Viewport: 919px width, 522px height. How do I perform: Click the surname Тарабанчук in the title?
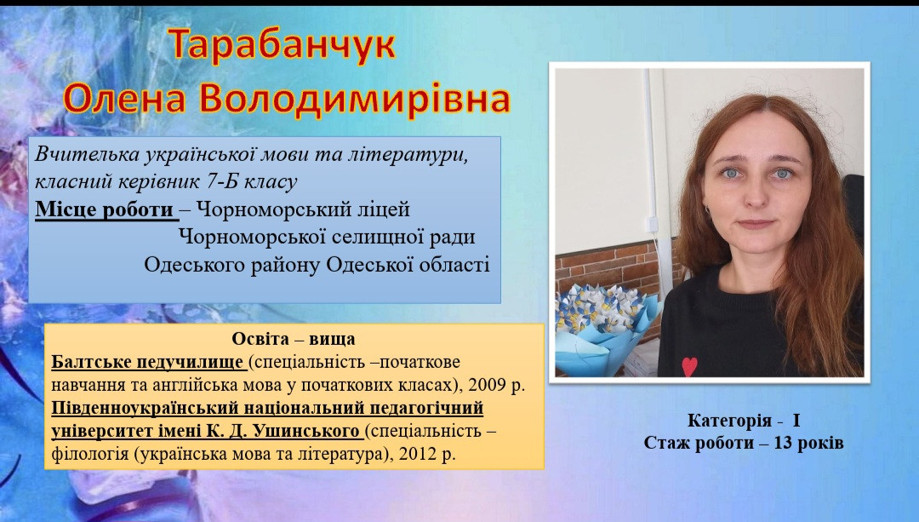pos(283,46)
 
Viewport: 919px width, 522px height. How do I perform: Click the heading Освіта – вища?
pos(294,339)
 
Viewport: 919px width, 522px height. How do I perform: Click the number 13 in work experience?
pos(783,443)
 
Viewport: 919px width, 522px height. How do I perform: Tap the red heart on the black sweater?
pos(690,366)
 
